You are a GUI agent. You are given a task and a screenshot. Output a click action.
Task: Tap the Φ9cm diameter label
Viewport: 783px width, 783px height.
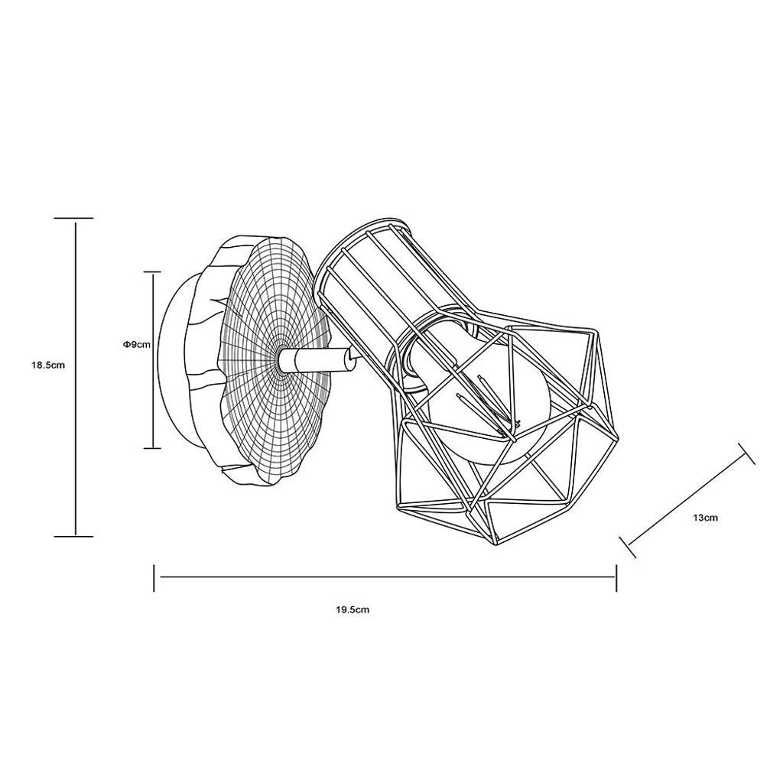(136, 344)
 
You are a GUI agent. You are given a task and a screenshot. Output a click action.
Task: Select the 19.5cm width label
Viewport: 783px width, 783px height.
(353, 609)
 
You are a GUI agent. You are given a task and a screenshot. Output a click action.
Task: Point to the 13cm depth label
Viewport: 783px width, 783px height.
(705, 518)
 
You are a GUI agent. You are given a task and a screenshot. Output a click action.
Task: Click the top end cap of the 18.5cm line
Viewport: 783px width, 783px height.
(73, 218)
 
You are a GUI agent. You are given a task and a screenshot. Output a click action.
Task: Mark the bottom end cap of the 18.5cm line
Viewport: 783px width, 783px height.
(73, 536)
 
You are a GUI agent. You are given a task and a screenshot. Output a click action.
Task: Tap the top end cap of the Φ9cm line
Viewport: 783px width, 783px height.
(152, 272)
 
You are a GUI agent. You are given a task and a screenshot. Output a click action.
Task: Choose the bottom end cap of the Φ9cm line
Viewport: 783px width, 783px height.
(152, 448)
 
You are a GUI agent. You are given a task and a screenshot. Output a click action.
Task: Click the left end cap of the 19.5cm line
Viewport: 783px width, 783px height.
(154, 578)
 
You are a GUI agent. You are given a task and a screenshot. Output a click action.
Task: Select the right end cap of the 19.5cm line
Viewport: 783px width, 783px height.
(616, 578)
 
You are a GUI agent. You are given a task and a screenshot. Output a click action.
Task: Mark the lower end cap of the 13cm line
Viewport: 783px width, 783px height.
(628, 547)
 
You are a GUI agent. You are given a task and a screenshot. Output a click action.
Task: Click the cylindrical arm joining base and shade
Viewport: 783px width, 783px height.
(314, 360)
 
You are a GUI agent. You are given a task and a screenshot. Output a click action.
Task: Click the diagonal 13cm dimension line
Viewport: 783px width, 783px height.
(687, 500)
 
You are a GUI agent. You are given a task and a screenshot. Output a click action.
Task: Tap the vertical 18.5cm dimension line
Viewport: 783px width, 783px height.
(76, 378)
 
